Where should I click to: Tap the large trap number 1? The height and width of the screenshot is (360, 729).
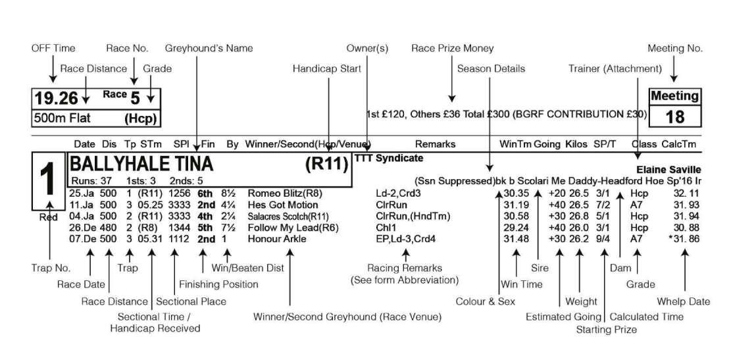point(48,181)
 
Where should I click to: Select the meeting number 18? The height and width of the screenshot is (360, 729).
point(674,116)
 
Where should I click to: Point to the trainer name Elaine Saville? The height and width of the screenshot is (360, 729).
point(668,170)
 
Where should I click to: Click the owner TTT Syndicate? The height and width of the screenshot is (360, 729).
point(388,159)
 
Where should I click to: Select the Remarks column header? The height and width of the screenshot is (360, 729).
point(435,143)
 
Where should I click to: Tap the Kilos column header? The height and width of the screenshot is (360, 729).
point(576,143)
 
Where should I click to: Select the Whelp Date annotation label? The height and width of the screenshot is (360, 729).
point(684,301)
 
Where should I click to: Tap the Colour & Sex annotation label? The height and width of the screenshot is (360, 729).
point(485,301)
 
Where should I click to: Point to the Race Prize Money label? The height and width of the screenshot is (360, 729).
point(452,48)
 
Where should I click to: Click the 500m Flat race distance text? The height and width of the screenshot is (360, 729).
point(62,118)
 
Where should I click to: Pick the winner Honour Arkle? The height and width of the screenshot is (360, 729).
point(276,239)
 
